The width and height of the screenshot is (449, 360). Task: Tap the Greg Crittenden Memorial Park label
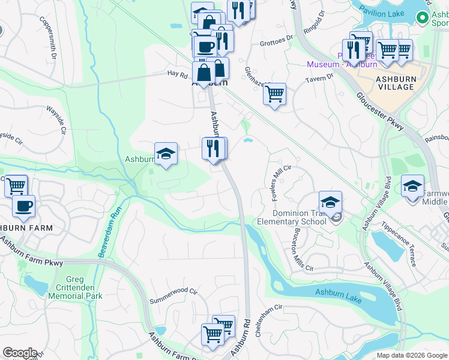coord(76,287)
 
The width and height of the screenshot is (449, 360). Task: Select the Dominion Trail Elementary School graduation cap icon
coord(330,203)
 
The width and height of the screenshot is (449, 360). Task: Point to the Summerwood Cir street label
coord(173,294)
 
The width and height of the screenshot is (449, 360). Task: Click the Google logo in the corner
coord(19,353)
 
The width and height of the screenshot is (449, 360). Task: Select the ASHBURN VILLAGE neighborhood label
coord(395,83)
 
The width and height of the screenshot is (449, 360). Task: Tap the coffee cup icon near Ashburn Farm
coord(23,206)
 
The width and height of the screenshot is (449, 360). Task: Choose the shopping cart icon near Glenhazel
coord(274,94)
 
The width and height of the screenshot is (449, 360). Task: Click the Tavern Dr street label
coord(322,77)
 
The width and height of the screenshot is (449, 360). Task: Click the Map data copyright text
coord(412,355)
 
